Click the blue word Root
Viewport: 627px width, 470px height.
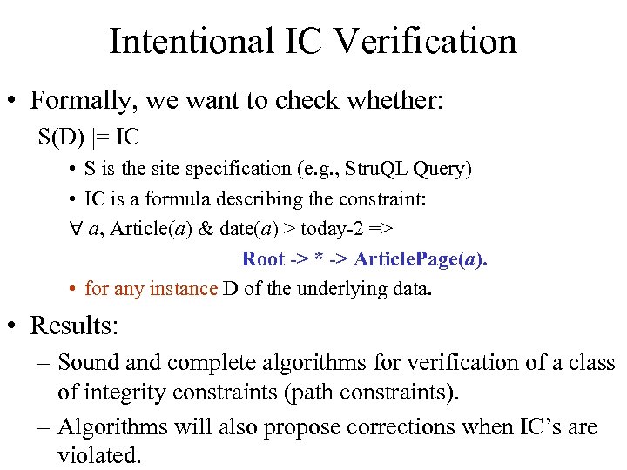[263, 258]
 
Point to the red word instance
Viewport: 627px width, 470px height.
[183, 288]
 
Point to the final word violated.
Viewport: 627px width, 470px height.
[98, 453]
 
